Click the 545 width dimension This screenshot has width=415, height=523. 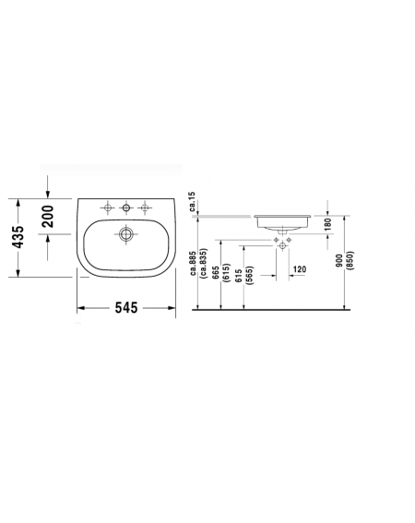point(126,307)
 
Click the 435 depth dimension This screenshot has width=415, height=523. point(18,237)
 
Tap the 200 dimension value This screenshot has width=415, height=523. point(47,217)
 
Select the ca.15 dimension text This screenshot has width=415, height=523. point(192,202)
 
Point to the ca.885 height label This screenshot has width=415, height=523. point(193,264)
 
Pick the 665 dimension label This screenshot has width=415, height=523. point(216,273)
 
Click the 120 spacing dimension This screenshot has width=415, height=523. point(299,269)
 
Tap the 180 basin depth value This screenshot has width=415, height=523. point(328,224)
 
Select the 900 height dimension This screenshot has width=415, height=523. point(339,260)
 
